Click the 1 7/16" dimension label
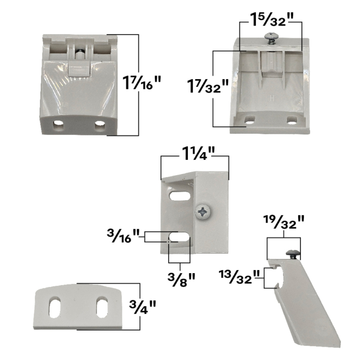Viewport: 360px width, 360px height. [141, 82]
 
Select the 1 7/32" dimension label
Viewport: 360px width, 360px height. [208, 86]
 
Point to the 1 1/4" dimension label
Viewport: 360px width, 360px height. [198, 153]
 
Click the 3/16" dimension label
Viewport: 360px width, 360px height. [123, 236]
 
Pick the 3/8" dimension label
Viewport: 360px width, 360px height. [181, 279]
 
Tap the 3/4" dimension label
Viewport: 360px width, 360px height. [142, 307]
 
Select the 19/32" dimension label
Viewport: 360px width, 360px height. [284, 222]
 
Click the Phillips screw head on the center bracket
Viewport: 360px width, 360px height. [203, 212]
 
